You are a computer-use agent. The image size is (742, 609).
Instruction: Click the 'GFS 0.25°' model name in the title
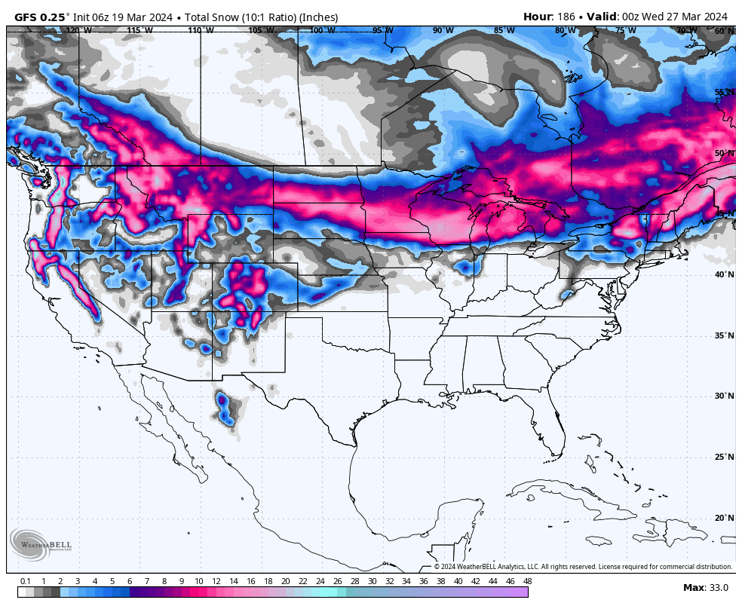coord(42,17)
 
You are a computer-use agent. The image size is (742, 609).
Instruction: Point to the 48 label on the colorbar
coord(527,581)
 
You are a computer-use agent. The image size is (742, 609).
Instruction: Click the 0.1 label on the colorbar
coord(25,581)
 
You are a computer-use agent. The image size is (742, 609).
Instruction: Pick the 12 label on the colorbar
coord(216,581)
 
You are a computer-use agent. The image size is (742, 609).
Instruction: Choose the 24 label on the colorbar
coord(320,581)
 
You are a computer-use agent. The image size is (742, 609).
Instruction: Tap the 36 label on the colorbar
coord(423,581)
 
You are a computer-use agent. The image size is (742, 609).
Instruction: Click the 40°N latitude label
coord(725,274)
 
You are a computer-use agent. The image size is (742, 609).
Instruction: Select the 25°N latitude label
coord(725,457)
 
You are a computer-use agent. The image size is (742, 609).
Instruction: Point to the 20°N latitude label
coord(725,518)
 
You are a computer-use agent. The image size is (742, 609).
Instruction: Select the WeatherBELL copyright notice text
coord(583,567)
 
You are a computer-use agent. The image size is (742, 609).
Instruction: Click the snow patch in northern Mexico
coord(225,408)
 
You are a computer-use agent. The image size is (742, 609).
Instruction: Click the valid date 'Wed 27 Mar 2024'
coord(685,17)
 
